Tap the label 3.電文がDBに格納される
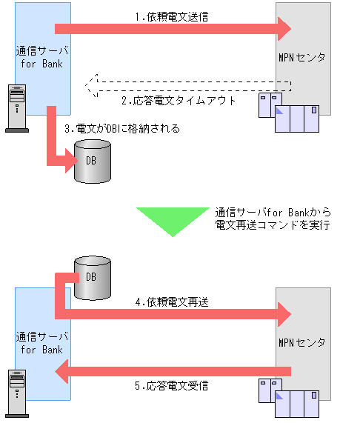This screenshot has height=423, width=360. coord(121,129)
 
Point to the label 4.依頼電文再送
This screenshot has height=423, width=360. coord(173,302)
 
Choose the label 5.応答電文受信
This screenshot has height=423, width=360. coord(173,386)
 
